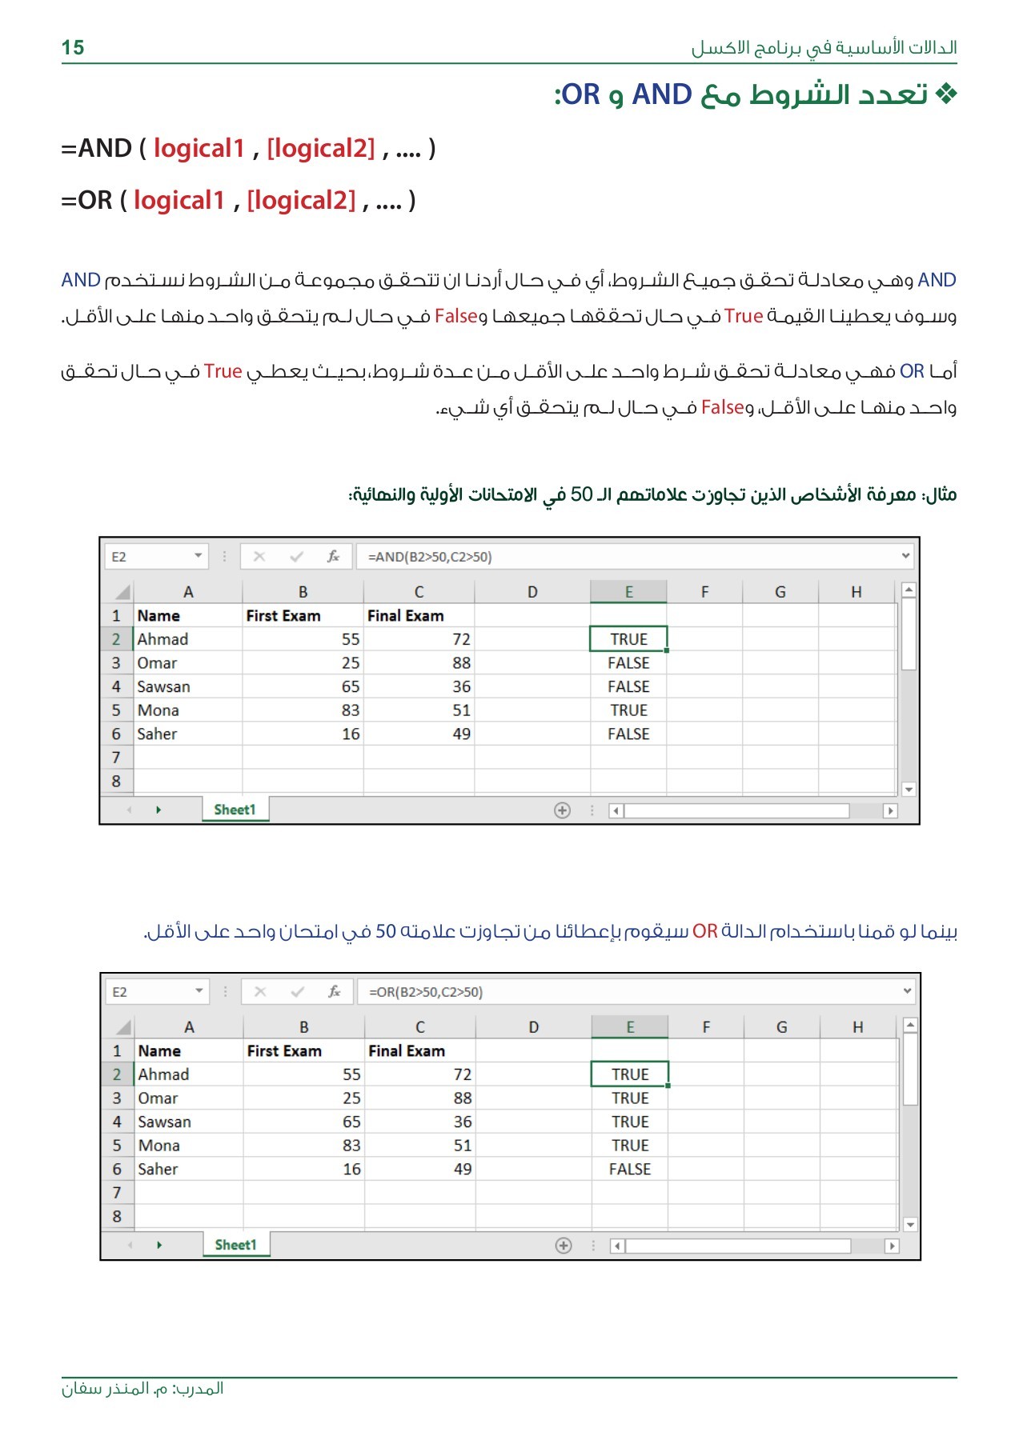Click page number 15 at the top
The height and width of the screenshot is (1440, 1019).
pyautogui.click(x=73, y=48)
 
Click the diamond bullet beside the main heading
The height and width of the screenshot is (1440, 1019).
pyautogui.click(x=945, y=94)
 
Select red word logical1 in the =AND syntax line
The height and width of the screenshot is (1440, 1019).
pyautogui.click(x=199, y=149)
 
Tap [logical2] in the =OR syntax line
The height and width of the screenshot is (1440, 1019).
pyautogui.click(x=301, y=201)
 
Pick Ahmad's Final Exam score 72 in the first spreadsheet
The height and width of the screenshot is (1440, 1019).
pyautogui.click(x=461, y=639)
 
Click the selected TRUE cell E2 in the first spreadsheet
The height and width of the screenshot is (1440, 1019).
pyautogui.click(x=628, y=639)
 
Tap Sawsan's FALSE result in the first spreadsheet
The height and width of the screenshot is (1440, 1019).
pyautogui.click(x=628, y=686)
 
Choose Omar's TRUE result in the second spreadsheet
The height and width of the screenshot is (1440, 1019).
pyautogui.click(x=630, y=1098)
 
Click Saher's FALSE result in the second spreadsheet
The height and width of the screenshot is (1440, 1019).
pyautogui.click(x=630, y=1169)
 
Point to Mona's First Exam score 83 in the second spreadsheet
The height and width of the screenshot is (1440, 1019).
pyautogui.click(x=351, y=1146)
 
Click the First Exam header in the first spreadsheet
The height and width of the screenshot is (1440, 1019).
pyautogui.click(x=283, y=616)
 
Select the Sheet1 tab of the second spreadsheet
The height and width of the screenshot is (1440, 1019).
pyautogui.click(x=235, y=1245)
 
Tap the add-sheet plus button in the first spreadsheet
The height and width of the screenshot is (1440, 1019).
pyautogui.click(x=562, y=810)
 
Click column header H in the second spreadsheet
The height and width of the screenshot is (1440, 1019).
pyautogui.click(x=857, y=1027)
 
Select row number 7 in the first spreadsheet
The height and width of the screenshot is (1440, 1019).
pyautogui.click(x=116, y=758)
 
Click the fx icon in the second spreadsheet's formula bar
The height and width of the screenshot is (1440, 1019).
pyautogui.click(x=335, y=992)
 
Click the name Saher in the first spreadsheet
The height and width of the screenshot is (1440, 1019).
pyautogui.click(x=157, y=734)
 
